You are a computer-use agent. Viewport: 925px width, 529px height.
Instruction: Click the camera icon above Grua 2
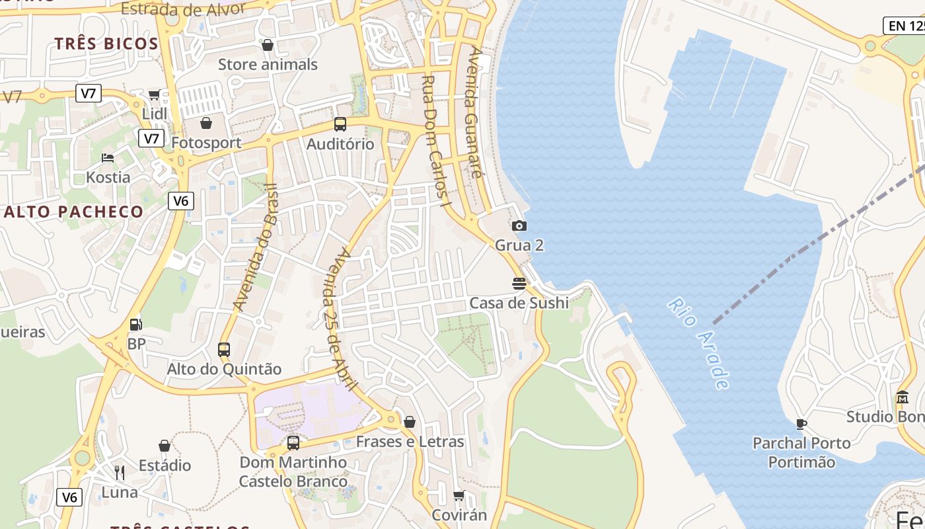pos(519,226)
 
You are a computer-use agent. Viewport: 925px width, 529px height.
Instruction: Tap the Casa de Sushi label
pos(519,303)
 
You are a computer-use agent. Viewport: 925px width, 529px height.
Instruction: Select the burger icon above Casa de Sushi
pos(519,284)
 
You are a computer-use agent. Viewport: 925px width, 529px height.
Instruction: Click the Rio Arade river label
pos(700,344)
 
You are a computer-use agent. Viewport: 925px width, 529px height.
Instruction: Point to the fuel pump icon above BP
pos(136,324)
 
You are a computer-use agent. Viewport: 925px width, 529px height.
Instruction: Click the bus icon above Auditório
pos(340,124)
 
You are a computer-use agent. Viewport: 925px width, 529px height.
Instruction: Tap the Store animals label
pos(268,65)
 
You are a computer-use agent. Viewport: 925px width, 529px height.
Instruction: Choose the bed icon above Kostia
pos(108,157)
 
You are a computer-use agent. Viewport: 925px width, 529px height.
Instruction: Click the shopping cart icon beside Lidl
pos(154,95)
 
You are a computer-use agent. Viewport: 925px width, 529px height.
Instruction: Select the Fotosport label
pos(206,143)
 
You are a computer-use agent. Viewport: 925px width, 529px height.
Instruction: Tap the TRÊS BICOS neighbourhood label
pos(106,44)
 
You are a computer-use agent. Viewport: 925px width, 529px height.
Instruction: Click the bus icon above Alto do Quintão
pos(224,349)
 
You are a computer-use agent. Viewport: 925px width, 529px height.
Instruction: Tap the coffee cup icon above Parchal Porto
pos(801,423)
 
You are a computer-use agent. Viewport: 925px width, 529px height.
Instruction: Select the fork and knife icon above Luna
pos(120,472)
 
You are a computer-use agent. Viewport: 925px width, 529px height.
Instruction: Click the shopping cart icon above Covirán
pos(459,495)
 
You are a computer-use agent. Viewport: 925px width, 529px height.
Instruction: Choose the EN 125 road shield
pos(905,26)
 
